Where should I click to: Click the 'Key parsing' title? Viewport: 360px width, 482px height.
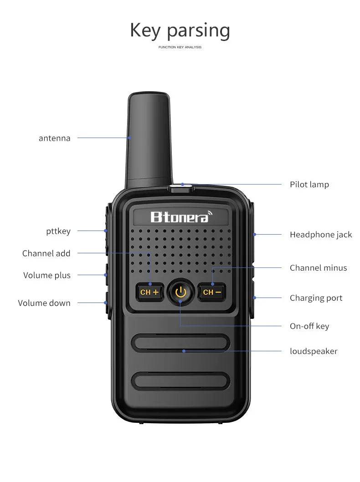pyautogui.click(x=180, y=31)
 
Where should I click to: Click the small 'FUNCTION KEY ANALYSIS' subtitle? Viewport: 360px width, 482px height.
pyautogui.click(x=180, y=47)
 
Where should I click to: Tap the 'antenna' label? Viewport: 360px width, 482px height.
pyautogui.click(x=54, y=138)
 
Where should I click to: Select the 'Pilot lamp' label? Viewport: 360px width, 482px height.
pyautogui.click(x=309, y=185)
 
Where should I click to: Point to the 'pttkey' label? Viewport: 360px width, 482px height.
pyautogui.click(x=58, y=231)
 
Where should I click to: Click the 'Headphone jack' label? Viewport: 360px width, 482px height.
pyautogui.click(x=321, y=235)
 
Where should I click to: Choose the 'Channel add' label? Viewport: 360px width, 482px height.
pyautogui.click(x=46, y=253)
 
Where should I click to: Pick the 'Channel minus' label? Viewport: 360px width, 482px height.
pyautogui.click(x=318, y=268)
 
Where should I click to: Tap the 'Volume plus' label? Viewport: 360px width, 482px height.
pyautogui.click(x=47, y=275)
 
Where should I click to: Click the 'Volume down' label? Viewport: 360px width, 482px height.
pyautogui.click(x=44, y=303)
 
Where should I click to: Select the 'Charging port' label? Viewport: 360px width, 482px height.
pyautogui.click(x=316, y=298)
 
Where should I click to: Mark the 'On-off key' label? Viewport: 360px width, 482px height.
pyautogui.click(x=309, y=326)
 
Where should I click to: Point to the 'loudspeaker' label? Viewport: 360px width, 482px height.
pyautogui.click(x=314, y=351)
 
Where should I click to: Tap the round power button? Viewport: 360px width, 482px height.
pyautogui.click(x=180, y=292)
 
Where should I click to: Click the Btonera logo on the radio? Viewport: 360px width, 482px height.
pyautogui.click(x=181, y=217)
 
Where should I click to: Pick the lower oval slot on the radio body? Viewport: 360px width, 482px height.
pyautogui.click(x=180, y=380)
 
